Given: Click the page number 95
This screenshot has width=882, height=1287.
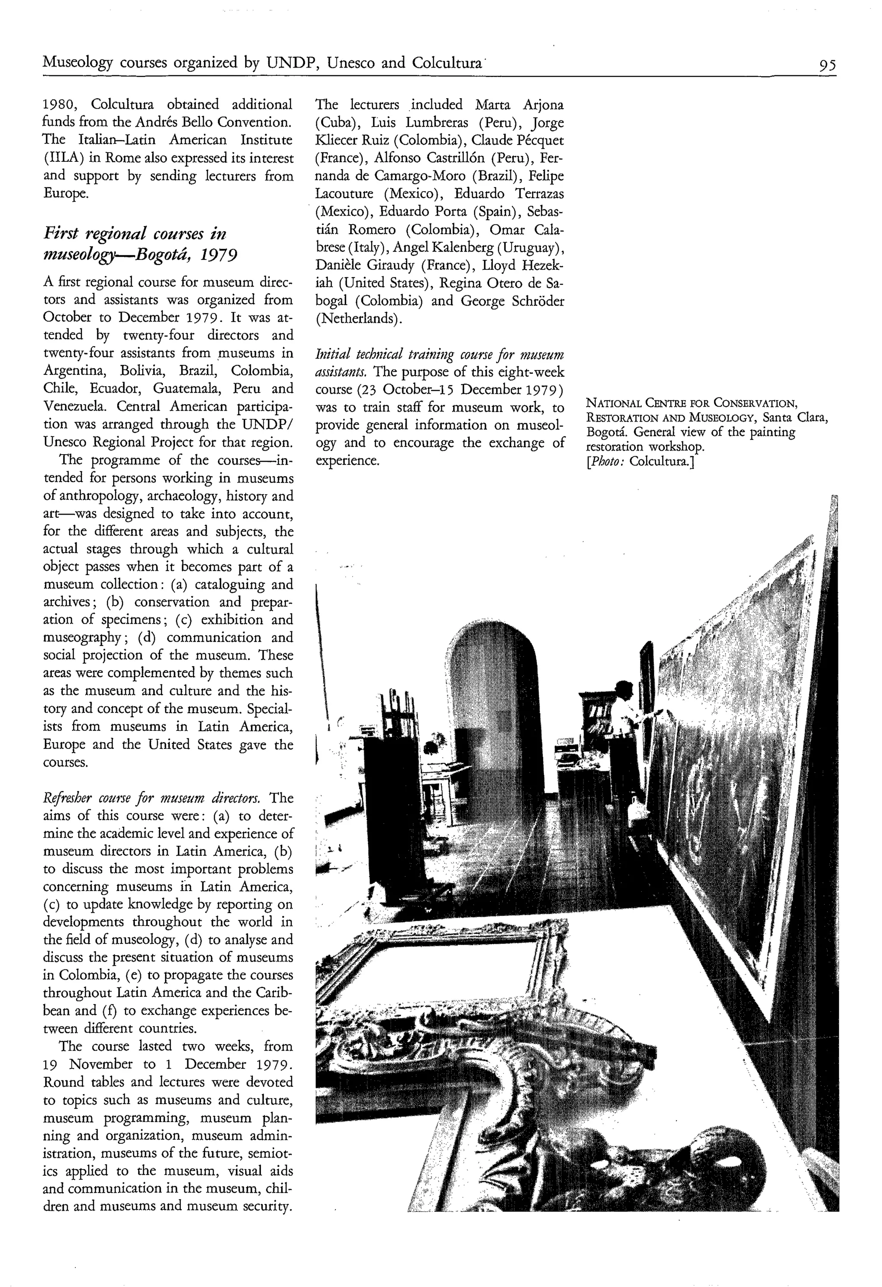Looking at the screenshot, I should click(827, 66).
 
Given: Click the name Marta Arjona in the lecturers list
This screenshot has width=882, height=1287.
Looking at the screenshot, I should click(519, 104).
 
